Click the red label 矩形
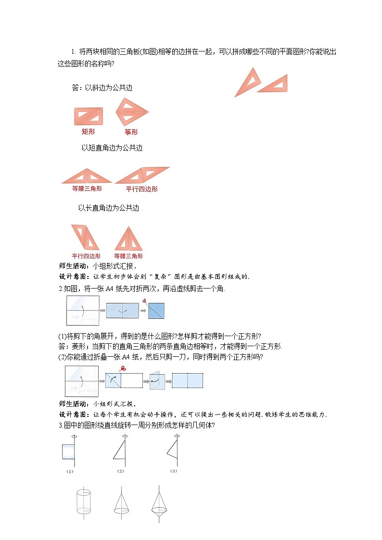(x=88, y=131)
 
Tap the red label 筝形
(x=131, y=132)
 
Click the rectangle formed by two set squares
(x=89, y=116)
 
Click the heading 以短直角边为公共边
(x=112, y=148)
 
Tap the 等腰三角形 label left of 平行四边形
(x=87, y=189)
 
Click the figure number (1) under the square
(x=70, y=471)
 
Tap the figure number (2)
(x=121, y=471)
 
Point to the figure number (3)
(x=174, y=471)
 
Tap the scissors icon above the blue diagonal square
(x=144, y=301)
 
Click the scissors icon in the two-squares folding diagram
(x=122, y=369)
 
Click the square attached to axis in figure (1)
(x=67, y=452)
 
